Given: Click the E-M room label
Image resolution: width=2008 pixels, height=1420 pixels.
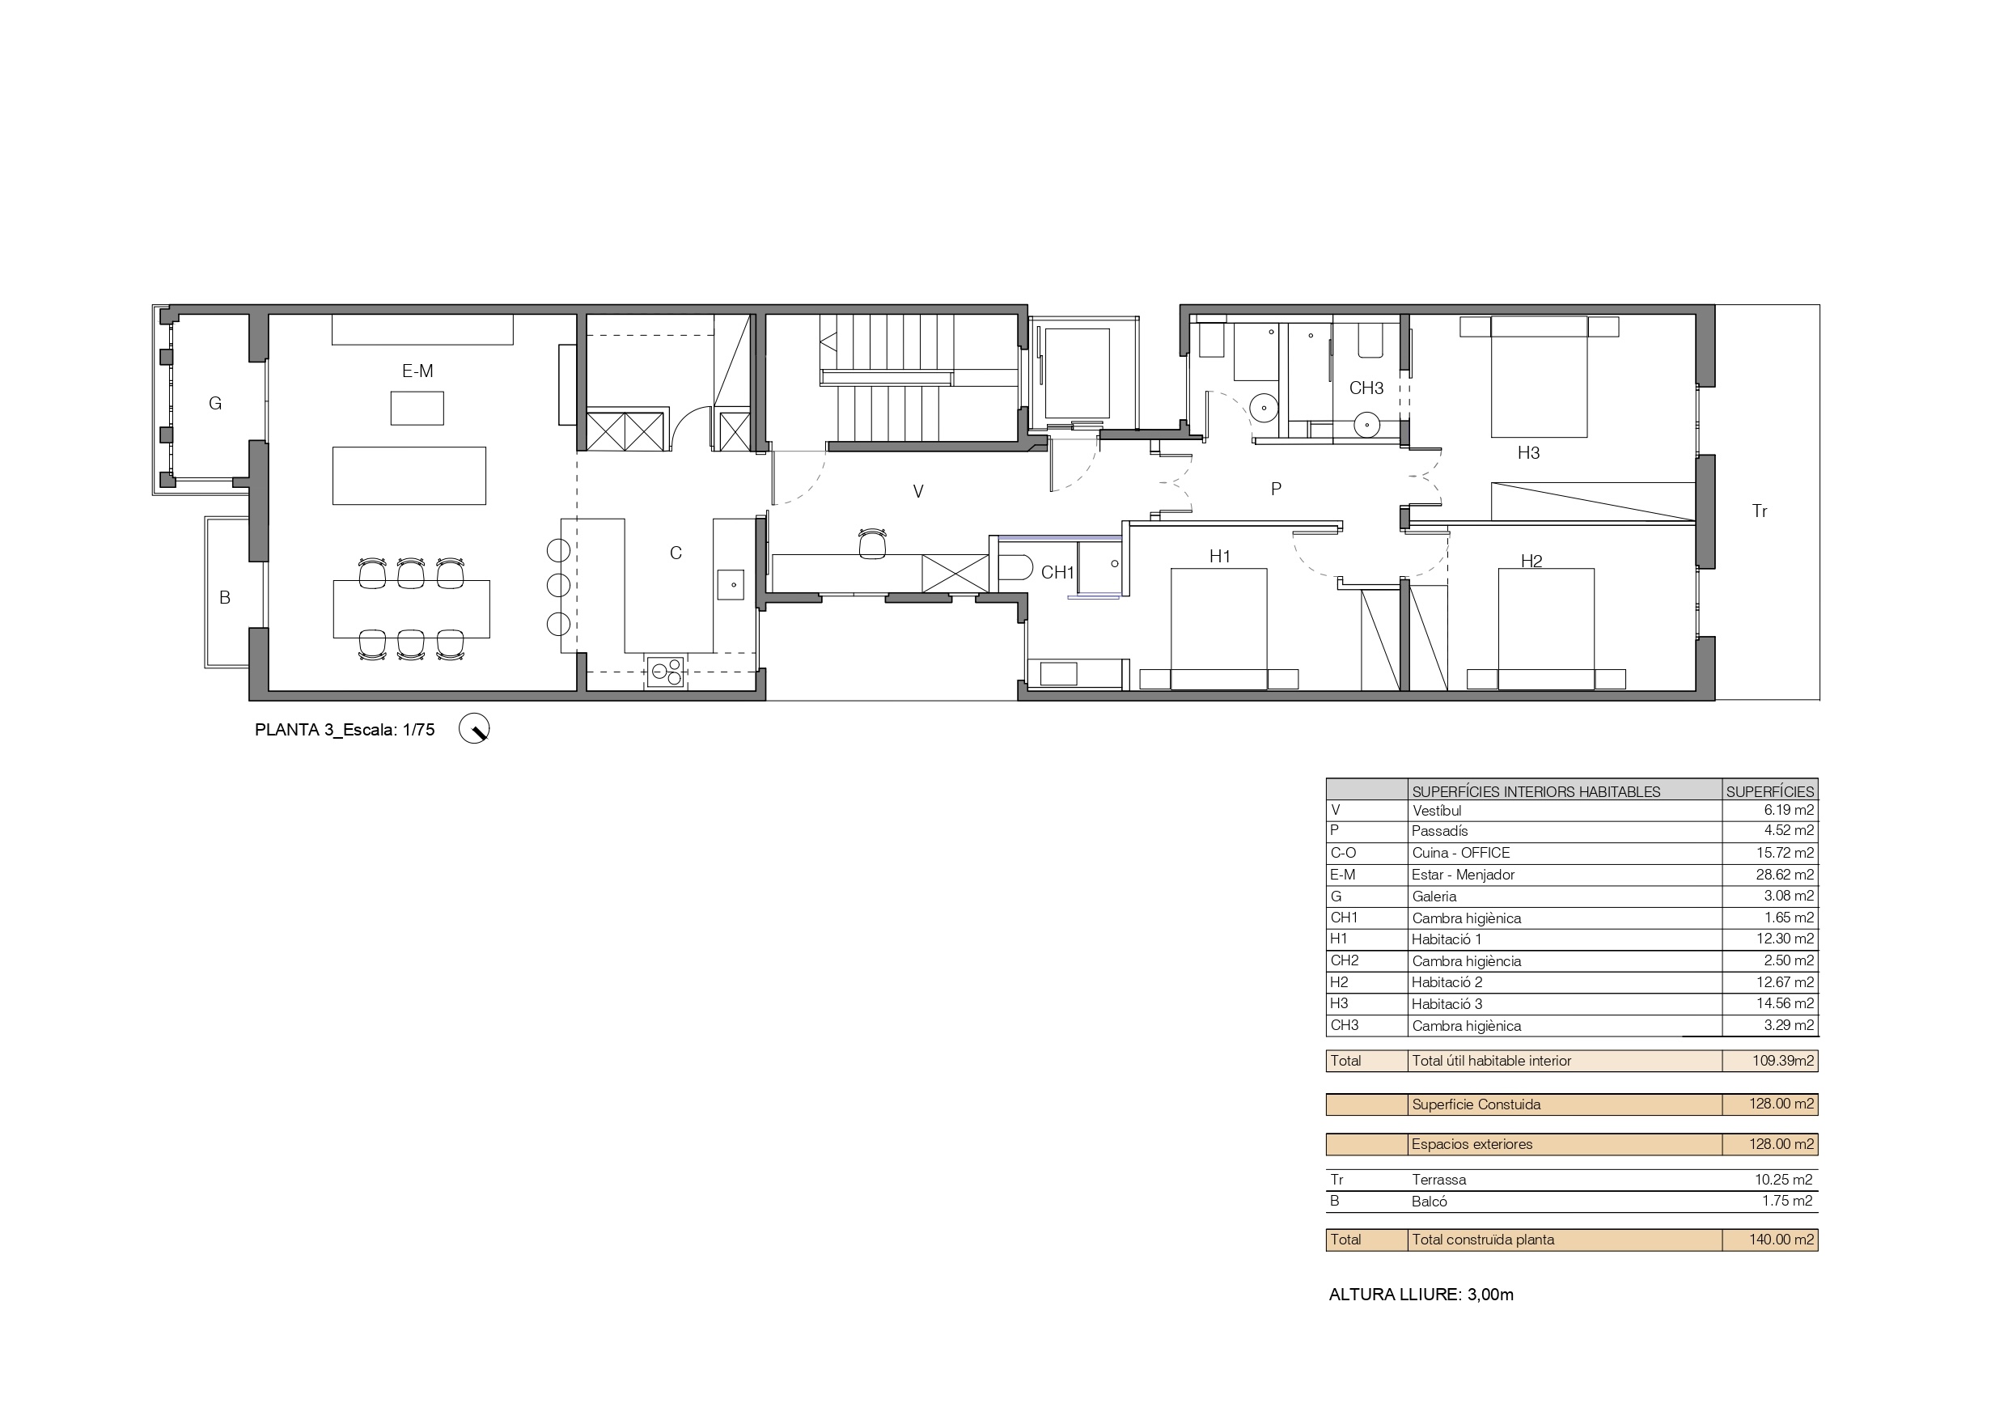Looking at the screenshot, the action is pyautogui.click(x=417, y=371).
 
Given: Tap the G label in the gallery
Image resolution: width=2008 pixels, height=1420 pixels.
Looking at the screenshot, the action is pyautogui.click(x=215, y=403).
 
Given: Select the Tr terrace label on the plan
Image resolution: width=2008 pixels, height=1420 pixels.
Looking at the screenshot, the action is pyautogui.click(x=1760, y=511).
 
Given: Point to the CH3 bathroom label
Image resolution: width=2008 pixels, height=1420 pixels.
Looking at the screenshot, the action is pyautogui.click(x=1366, y=388).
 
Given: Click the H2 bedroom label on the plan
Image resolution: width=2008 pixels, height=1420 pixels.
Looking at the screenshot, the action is pyautogui.click(x=1531, y=561).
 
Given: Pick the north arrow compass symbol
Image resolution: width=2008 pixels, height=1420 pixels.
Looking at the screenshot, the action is pyautogui.click(x=474, y=729).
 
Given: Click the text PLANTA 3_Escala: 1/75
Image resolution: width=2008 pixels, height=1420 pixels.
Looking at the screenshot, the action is pyautogui.click(x=345, y=730).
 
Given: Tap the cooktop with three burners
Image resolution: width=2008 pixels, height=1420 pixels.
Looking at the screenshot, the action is pyautogui.click(x=666, y=671).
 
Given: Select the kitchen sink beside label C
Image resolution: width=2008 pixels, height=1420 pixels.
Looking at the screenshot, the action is pyautogui.click(x=731, y=584).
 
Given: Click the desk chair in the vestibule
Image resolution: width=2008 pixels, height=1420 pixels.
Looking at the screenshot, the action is pyautogui.click(x=872, y=542).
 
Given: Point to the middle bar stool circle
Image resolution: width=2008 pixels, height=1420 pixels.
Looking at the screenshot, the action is pyautogui.click(x=559, y=584).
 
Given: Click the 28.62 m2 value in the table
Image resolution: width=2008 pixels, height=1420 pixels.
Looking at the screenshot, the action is pyautogui.click(x=1789, y=874).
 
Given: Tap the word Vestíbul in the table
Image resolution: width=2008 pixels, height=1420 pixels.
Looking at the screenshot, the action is pyautogui.click(x=1437, y=811).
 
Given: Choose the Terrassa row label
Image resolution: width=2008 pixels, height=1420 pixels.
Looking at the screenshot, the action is pyautogui.click(x=1438, y=1180).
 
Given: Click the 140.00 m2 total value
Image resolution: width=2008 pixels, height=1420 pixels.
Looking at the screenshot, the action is pyautogui.click(x=1781, y=1239).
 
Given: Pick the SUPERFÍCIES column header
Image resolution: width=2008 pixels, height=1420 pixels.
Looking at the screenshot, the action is pyautogui.click(x=1770, y=792).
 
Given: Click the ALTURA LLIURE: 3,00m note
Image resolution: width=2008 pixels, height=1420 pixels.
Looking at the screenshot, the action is pyautogui.click(x=1421, y=1294).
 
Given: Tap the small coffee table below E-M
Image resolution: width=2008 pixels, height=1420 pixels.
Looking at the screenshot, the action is pyautogui.click(x=417, y=409).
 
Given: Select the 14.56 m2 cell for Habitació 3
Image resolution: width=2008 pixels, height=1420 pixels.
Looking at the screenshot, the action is pyautogui.click(x=1785, y=1003).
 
